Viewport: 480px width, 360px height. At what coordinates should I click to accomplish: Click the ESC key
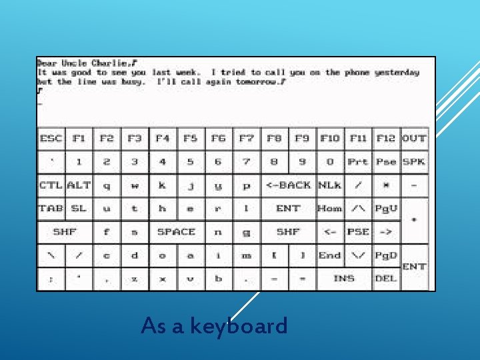[51, 139]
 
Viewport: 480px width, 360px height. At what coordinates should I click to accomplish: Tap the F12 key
[386, 139]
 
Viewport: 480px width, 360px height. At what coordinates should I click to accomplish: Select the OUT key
[414, 139]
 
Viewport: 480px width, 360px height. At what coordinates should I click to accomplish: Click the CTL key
[51, 185]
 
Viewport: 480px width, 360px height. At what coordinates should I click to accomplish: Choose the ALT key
[79, 185]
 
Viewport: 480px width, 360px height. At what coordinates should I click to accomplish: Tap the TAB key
[51, 209]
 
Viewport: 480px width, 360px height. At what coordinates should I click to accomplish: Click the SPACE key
[176, 232]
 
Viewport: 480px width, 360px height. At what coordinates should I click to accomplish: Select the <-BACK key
[288, 185]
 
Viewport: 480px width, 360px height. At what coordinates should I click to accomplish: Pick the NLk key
[330, 185]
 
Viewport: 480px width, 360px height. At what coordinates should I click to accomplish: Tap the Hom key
[330, 209]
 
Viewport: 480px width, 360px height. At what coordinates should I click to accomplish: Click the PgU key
[386, 209]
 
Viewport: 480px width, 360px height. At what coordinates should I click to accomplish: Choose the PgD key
[386, 255]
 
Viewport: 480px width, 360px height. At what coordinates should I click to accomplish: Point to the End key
[330, 255]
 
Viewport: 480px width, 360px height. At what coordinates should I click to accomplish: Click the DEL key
[386, 279]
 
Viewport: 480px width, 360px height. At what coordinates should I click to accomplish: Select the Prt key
[358, 162]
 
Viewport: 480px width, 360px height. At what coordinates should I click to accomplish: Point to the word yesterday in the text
[397, 72]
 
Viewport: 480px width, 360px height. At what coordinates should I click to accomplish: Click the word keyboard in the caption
[239, 326]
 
